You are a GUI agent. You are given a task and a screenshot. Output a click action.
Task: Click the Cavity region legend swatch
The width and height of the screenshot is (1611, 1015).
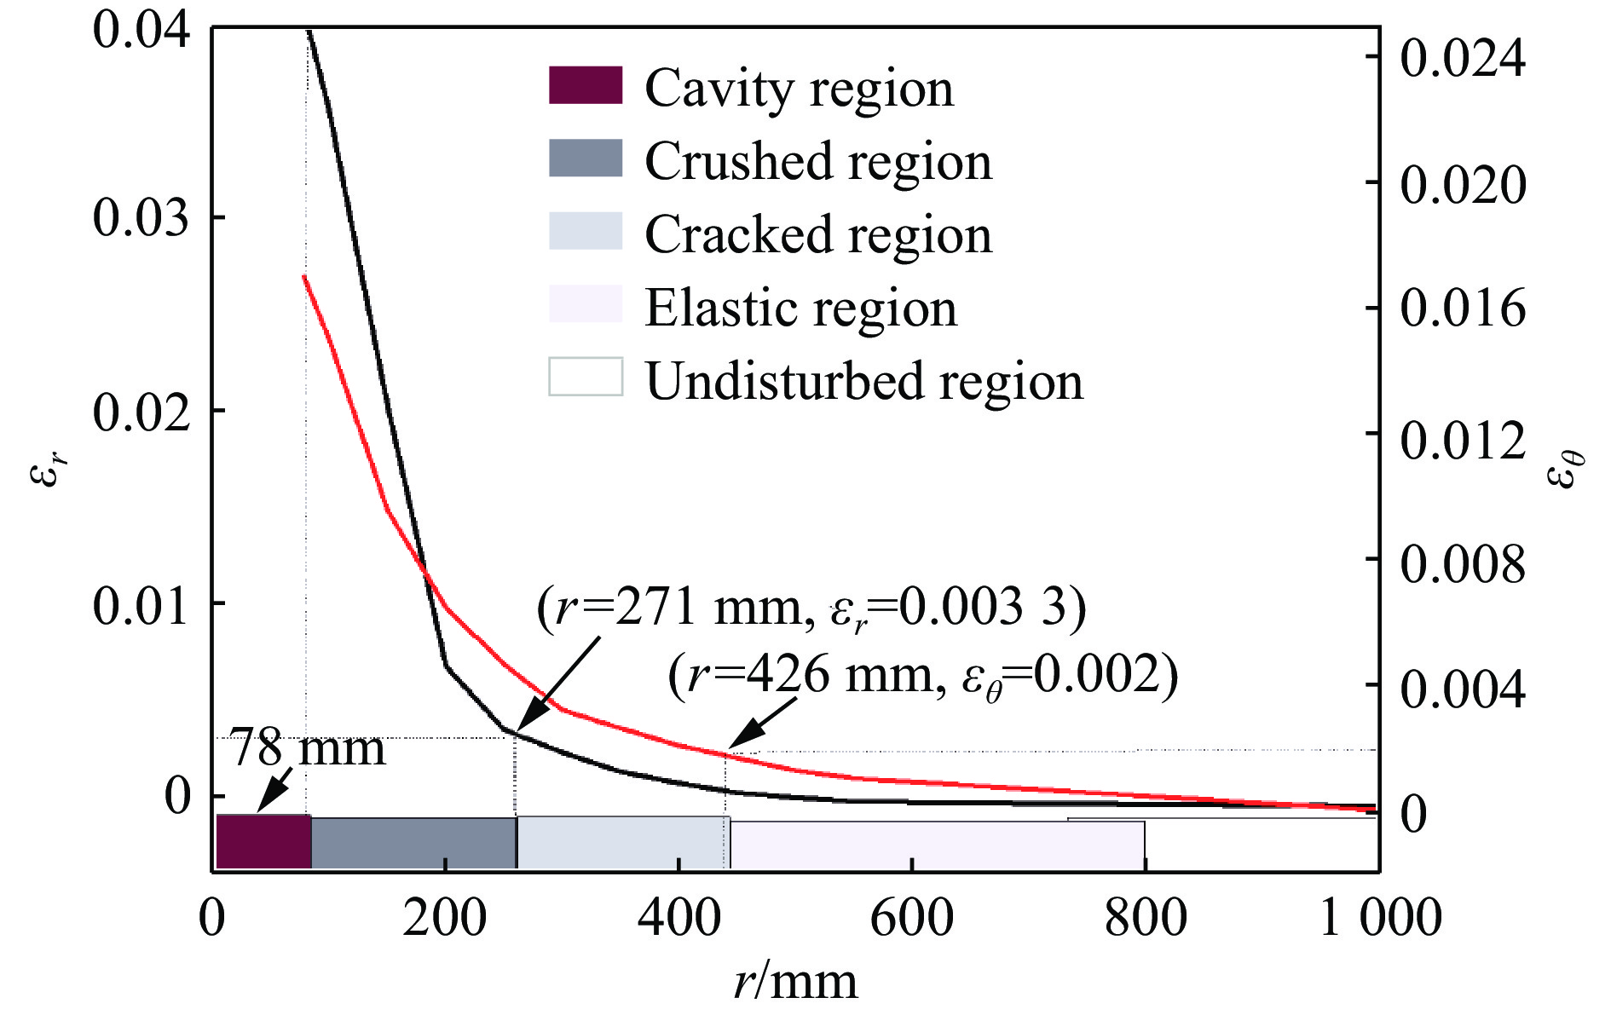click(586, 85)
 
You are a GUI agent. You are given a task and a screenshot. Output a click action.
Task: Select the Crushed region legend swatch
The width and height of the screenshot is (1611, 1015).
click(586, 159)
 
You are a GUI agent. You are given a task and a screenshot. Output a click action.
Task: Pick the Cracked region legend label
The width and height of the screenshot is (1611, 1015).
click(818, 234)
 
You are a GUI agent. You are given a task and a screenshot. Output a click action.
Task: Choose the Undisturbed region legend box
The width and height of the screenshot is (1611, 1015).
click(586, 377)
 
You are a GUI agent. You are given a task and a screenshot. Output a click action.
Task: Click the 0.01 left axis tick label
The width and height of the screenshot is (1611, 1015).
click(141, 605)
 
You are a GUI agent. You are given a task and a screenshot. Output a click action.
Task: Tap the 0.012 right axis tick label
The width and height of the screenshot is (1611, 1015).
click(1463, 439)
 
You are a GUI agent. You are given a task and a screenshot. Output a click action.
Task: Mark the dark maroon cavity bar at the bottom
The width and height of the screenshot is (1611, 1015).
click(263, 841)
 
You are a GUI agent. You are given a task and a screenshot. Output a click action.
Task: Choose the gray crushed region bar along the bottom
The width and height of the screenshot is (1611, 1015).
click(413, 843)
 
